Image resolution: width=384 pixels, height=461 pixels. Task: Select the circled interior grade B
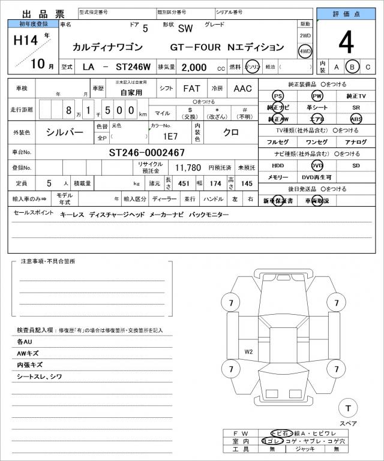click(353, 67)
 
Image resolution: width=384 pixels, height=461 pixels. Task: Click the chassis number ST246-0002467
click(147, 152)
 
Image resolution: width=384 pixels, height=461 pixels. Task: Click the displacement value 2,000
click(194, 67)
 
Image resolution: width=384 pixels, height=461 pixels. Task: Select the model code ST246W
click(128, 67)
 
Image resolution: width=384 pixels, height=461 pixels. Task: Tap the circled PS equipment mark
click(277, 96)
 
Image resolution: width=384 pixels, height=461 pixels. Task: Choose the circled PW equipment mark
click(316, 96)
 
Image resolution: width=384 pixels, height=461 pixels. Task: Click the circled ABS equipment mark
click(356, 119)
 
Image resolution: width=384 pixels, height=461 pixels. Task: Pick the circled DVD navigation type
click(316, 165)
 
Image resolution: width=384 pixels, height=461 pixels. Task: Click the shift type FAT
click(191, 89)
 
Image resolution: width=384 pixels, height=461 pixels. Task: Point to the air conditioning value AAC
click(242, 89)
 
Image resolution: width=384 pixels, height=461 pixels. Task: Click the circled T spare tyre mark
click(347, 408)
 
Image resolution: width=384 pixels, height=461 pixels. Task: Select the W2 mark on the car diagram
click(248, 351)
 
